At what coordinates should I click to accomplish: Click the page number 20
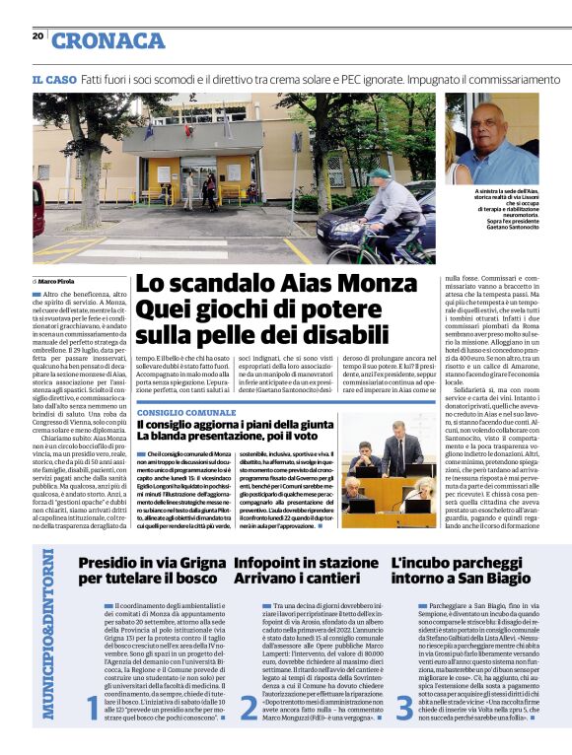tap(37, 36)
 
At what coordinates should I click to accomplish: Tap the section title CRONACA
tap(107, 40)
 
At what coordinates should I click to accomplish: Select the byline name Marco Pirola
tap(57, 281)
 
